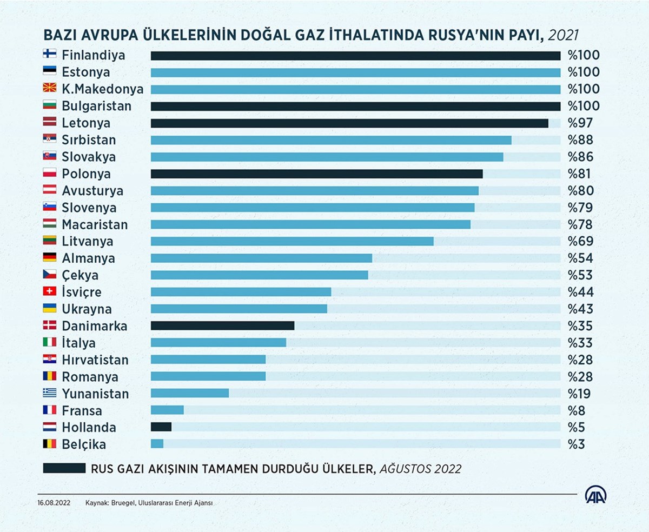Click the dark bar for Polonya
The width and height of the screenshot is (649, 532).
click(x=316, y=174)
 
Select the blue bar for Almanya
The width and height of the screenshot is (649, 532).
click(x=261, y=258)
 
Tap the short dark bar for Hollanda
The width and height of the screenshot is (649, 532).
click(x=161, y=427)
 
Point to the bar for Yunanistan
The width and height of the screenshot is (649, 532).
click(x=190, y=394)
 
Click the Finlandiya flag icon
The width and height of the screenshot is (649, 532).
click(x=50, y=55)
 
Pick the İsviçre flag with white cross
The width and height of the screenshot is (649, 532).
click(x=50, y=292)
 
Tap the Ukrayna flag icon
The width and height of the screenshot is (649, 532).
click(x=50, y=309)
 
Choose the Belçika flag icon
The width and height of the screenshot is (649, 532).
click(x=50, y=444)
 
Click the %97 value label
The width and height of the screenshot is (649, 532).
click(x=580, y=123)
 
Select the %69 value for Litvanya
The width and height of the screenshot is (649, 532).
click(x=580, y=242)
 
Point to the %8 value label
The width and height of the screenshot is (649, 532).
click(x=577, y=410)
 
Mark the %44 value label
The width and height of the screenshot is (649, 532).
click(x=580, y=292)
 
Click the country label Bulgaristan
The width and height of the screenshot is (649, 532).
click(x=96, y=106)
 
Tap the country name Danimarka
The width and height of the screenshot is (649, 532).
click(x=95, y=326)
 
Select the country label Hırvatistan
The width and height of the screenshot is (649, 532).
click(x=95, y=360)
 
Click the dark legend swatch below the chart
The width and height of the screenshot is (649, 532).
click(x=64, y=468)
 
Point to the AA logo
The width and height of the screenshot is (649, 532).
click(x=596, y=495)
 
